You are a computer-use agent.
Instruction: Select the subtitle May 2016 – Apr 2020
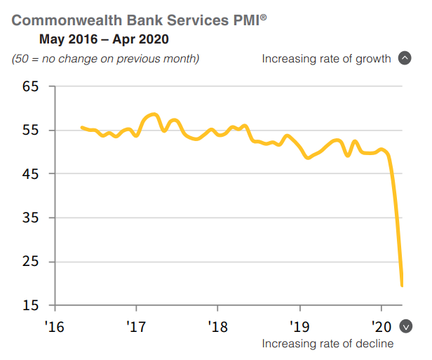pyautogui.click(x=104, y=39)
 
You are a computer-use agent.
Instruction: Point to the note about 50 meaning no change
pyautogui.click(x=106, y=58)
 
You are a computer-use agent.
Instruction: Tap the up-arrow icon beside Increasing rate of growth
pyautogui.click(x=404, y=58)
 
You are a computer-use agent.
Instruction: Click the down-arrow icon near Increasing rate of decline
pyautogui.click(x=405, y=326)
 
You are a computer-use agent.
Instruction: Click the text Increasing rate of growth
pyautogui.click(x=326, y=58)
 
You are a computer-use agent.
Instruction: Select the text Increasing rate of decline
pyautogui.click(x=328, y=343)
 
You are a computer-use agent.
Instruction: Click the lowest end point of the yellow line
pyautogui.click(x=402, y=285)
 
